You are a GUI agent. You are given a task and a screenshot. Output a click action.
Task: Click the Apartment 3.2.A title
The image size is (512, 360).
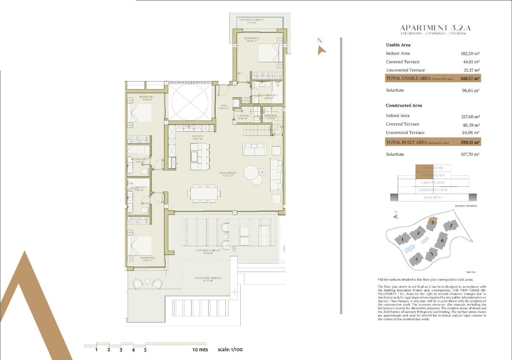[435, 28]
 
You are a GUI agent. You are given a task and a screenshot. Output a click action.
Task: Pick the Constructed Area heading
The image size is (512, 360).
[404, 105]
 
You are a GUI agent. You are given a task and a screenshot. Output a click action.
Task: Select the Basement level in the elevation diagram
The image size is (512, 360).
[433, 197]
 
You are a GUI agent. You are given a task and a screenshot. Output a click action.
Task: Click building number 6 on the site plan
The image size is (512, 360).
[442, 241]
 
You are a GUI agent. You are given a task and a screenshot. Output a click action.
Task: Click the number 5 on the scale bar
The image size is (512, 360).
[145, 350]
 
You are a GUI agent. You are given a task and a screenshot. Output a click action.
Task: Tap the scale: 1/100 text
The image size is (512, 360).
[230, 350]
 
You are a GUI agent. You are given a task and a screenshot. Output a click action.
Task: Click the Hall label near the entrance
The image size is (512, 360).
[224, 106]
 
